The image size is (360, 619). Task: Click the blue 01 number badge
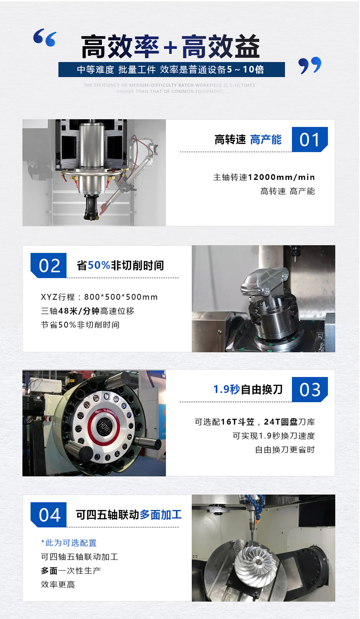[x=310, y=139]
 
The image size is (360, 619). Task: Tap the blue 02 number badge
[x=49, y=265]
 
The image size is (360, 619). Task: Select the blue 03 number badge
[x=310, y=390]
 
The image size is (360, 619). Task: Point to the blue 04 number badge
[x=49, y=515]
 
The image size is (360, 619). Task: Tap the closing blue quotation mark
[x=310, y=65]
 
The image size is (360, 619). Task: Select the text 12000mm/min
[x=281, y=177]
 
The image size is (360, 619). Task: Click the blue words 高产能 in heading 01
[x=266, y=140]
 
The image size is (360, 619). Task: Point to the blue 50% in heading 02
[x=99, y=265]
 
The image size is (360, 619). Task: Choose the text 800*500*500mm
[x=121, y=297]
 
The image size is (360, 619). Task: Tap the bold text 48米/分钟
[x=79, y=311]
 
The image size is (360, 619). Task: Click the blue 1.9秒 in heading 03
[x=226, y=389]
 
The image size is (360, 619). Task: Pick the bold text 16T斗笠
[x=238, y=422]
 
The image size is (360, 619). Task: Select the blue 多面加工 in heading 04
[x=161, y=515]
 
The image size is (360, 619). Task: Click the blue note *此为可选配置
[x=69, y=543]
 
